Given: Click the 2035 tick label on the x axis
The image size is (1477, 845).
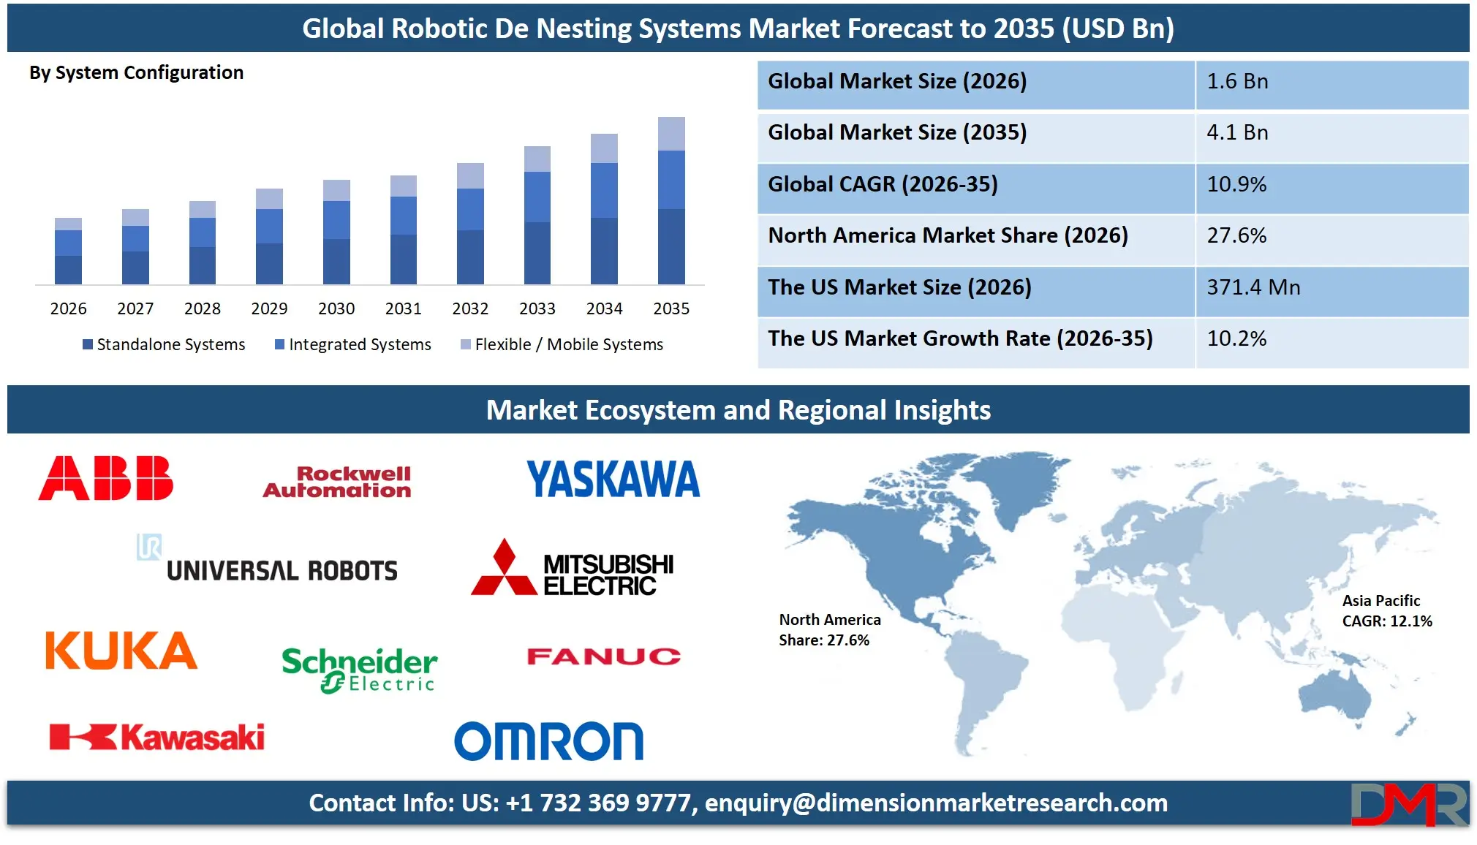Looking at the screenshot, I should pos(670,308).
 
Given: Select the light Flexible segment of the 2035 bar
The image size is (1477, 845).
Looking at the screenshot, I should pos(671,134).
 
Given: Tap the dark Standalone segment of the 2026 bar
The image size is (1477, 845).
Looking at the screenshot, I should pos(68,270).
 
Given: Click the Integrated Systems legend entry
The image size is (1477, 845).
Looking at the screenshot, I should pos(353,344).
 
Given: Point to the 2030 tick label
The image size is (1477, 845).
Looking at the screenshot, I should pos(336,308).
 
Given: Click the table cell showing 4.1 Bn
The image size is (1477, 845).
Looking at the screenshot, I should pos(1331,133).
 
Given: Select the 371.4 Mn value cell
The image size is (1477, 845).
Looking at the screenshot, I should pos(1331,287).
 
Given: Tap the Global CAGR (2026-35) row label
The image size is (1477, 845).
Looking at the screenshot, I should pos(883,184).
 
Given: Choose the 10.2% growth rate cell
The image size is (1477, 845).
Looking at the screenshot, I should pos(1331,338).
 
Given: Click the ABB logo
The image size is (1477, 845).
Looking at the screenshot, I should pos(106,478).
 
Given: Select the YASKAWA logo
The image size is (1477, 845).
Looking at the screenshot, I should pos(613,480).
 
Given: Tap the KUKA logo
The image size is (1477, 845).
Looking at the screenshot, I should pos(121,651).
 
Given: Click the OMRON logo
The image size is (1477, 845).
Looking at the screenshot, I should pos(548,741).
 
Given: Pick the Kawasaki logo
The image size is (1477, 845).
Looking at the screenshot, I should pos(156,737).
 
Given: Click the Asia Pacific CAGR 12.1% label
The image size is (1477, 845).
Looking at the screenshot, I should pos(1386,611).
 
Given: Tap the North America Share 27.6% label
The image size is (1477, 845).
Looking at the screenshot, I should pos(829,630).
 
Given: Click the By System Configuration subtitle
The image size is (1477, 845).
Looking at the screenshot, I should pos(136,72).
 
